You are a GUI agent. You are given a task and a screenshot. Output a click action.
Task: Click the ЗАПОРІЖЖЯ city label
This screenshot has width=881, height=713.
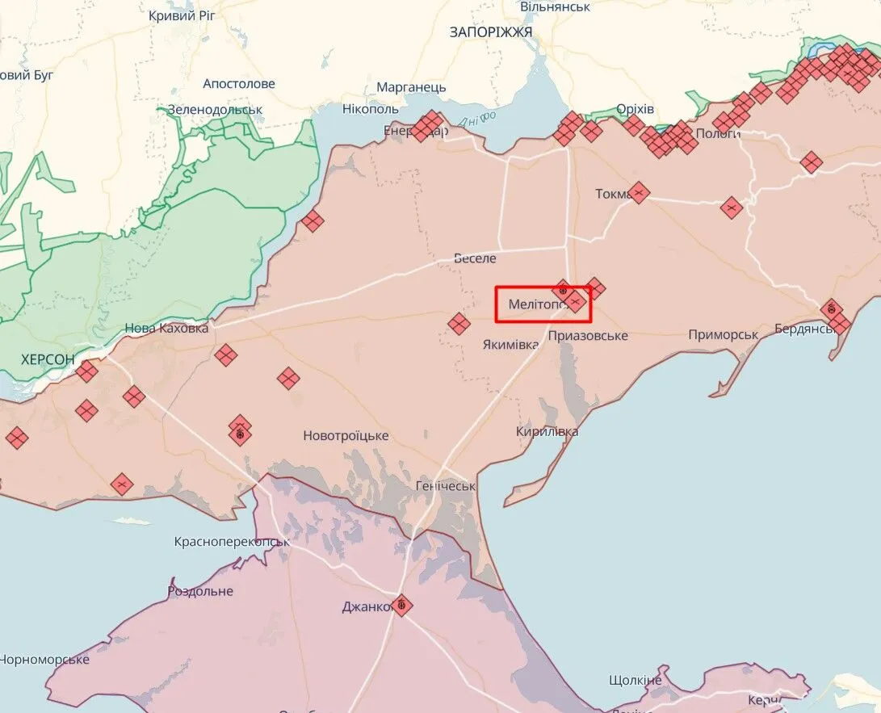click(x=491, y=31)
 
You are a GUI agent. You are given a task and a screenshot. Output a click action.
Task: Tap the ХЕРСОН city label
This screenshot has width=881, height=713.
click(x=48, y=359)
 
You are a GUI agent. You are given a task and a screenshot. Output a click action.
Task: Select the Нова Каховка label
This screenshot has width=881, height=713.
click(x=166, y=329)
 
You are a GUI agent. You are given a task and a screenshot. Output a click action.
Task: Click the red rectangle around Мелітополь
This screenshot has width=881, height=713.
click(x=543, y=304)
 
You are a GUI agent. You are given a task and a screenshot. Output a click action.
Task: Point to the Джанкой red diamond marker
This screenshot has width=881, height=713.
click(x=401, y=606)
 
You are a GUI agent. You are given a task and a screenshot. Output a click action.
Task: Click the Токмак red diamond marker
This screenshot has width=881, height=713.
click(x=639, y=193)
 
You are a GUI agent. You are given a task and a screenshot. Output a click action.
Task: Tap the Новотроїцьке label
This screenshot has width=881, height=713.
click(x=346, y=436)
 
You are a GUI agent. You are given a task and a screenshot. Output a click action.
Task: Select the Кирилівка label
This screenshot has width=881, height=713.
click(x=547, y=432)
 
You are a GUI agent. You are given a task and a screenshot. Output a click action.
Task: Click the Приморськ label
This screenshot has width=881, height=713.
click(x=723, y=334)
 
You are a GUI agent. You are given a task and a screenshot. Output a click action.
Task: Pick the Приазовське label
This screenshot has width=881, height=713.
click(x=587, y=335)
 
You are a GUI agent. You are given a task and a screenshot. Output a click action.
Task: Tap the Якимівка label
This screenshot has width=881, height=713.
click(x=510, y=345)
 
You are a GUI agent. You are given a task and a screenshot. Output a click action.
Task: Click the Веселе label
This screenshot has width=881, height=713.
click(x=475, y=258)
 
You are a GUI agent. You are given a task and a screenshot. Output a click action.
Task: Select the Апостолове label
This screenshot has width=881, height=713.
click(x=239, y=84)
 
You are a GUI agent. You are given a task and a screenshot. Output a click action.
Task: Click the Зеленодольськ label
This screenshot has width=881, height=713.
click(x=215, y=110)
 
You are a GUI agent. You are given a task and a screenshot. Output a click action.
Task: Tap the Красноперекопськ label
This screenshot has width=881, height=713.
click(x=232, y=541)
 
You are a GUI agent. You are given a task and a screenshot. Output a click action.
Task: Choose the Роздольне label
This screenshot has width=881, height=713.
click(x=200, y=591)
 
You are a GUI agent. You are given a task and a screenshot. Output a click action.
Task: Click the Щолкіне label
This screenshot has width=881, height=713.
click(x=636, y=680)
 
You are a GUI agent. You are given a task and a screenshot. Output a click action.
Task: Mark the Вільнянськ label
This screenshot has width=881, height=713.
click(x=555, y=6)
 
